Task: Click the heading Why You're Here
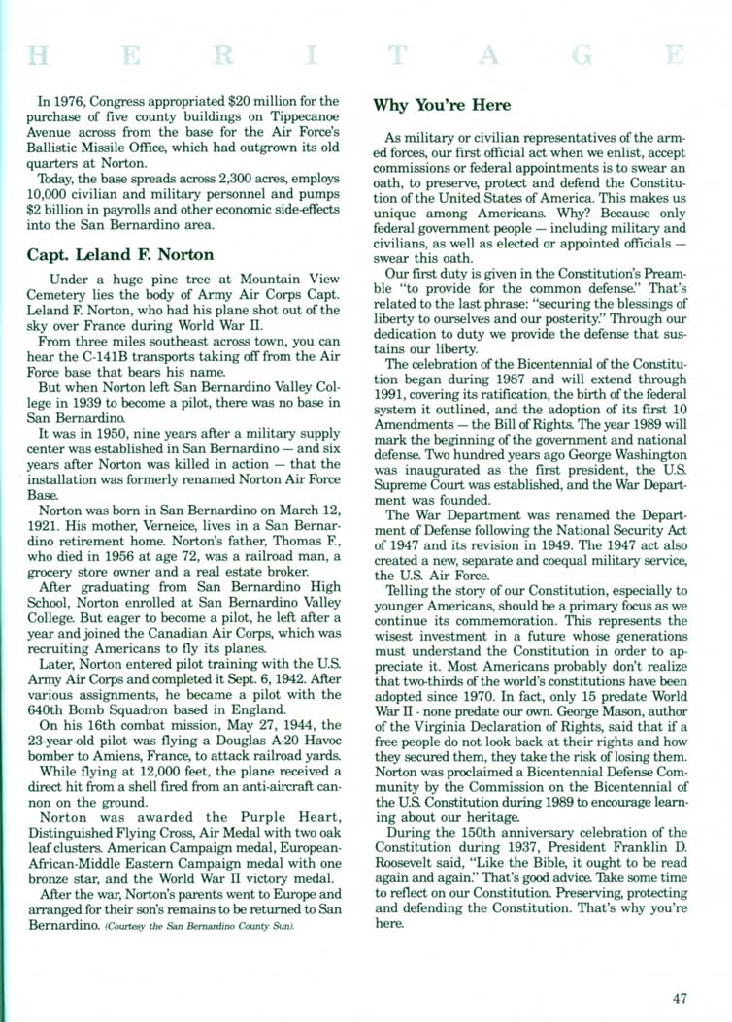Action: click(442, 104)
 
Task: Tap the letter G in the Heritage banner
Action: click(583, 55)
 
